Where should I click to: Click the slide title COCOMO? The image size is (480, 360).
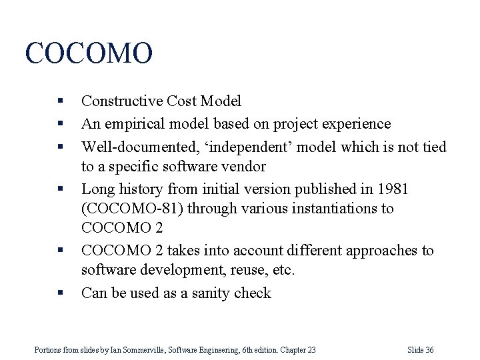pos(89,53)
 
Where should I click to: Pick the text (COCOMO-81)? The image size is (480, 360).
pos(132,209)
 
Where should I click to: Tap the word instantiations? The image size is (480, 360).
pos(331,209)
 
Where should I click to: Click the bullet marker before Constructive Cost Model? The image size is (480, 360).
pos(60,101)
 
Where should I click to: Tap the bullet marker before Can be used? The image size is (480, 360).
pos(60,293)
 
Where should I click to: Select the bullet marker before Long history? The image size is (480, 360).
pos(60,189)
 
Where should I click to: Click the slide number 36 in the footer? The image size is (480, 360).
pos(429,350)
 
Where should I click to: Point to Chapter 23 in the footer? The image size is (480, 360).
pos(298,350)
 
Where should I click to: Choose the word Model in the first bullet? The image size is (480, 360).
pos(219,101)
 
